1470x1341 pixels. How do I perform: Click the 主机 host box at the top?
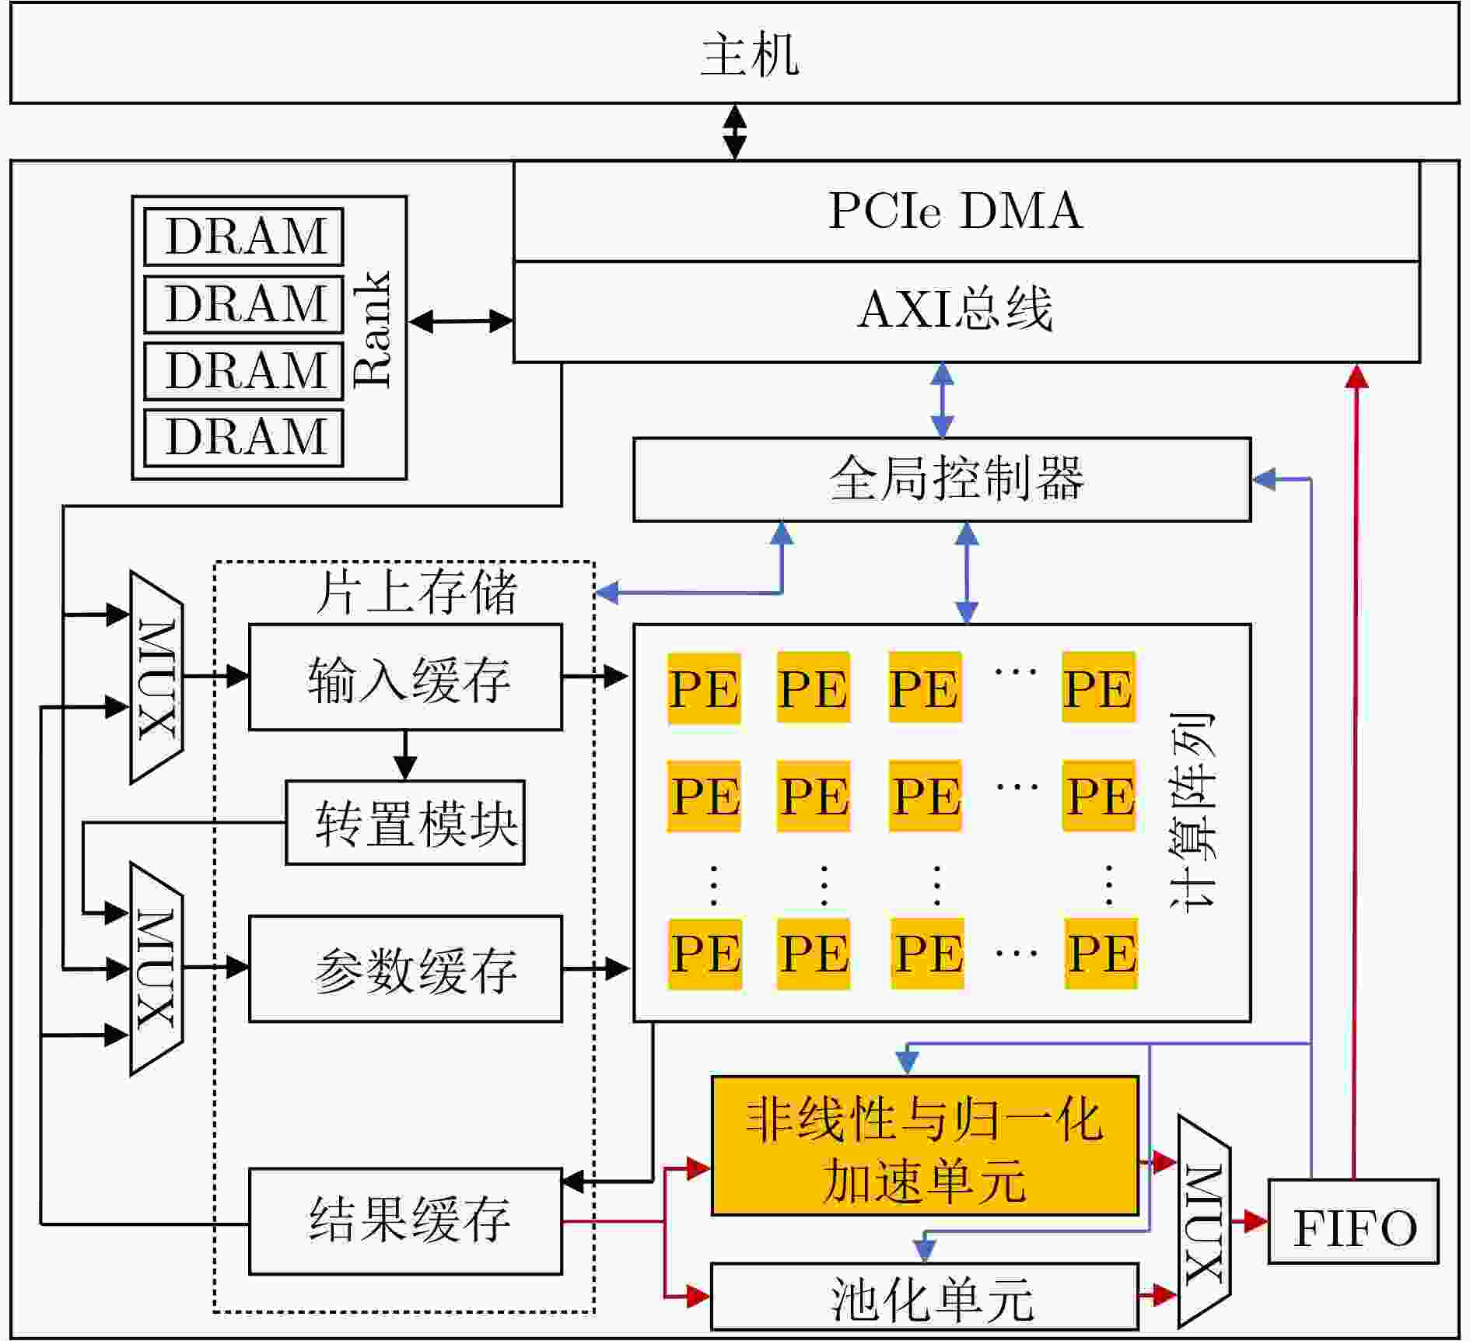tap(734, 53)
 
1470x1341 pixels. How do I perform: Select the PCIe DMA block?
tap(967, 211)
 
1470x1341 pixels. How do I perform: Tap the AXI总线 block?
tap(967, 312)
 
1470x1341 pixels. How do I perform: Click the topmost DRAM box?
tap(243, 236)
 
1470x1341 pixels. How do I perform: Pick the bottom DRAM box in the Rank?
tap(243, 438)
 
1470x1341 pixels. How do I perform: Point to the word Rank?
tap(372, 329)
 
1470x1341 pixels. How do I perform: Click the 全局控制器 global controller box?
tap(942, 479)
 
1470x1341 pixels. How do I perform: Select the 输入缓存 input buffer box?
tap(405, 677)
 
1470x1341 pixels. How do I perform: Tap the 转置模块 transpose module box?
tap(405, 822)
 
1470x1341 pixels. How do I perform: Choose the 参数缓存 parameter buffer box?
tap(405, 968)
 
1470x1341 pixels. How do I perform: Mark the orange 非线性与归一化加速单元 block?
tap(925, 1146)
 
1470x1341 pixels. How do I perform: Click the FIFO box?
tap(1353, 1221)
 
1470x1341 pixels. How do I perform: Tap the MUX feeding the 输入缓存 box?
tap(156, 677)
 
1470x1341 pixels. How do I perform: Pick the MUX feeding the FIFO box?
tap(1204, 1221)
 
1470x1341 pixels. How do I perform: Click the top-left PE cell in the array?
tap(704, 688)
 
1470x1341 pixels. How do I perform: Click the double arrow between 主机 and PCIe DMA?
tap(734, 132)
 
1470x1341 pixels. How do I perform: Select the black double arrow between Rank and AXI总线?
tap(460, 320)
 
